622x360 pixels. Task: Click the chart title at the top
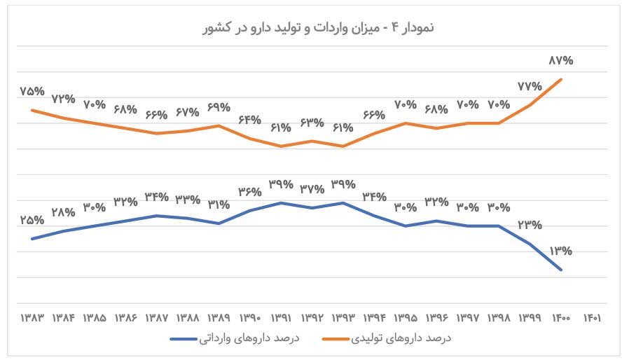click(311, 27)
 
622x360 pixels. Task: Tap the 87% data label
click(560, 61)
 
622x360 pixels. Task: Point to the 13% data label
click(560, 250)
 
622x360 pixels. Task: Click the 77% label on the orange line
click(530, 87)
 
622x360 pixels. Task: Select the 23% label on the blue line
click(530, 225)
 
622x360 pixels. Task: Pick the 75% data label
click(33, 92)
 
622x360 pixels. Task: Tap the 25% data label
click(33, 220)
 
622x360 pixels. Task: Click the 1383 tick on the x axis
click(33, 317)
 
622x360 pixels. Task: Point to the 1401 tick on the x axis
click(591, 317)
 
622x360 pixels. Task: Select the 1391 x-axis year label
click(281, 317)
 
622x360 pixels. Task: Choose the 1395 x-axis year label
click(405, 317)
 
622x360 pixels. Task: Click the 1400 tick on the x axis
click(560, 317)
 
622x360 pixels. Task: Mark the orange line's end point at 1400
click(561, 78)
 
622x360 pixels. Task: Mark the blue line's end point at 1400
click(561, 270)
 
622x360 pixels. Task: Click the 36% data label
click(250, 191)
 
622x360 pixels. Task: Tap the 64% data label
click(250, 120)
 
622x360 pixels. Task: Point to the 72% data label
click(64, 99)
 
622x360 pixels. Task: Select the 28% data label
click(64, 212)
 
